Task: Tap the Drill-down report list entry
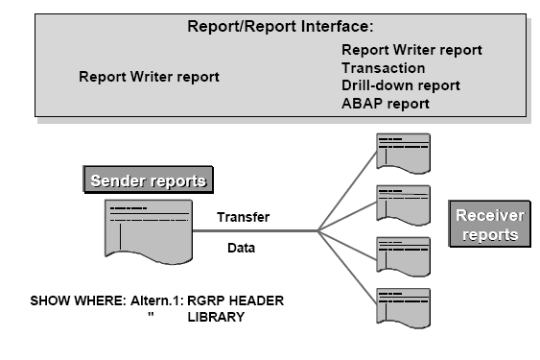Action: (x=400, y=85)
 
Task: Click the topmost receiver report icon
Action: (x=403, y=152)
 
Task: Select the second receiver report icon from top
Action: (x=403, y=204)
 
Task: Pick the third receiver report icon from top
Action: (x=403, y=255)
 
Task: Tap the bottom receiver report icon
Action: (x=403, y=307)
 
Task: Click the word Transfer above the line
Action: (x=243, y=217)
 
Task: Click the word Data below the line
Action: (x=241, y=247)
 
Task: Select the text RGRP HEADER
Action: (x=236, y=300)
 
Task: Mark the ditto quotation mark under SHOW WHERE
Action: (x=151, y=316)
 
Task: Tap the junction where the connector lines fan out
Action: (x=318, y=230)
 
